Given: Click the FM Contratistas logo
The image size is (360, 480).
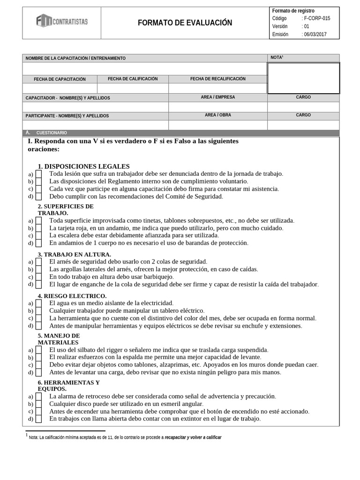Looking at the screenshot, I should point(61,21).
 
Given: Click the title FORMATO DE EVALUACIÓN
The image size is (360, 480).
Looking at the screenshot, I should point(185,23).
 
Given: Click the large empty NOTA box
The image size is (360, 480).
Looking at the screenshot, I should point(303,78).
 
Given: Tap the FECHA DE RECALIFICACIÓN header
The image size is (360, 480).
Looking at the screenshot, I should point(217,79).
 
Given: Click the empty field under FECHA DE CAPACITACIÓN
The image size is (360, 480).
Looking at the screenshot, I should point(60,88).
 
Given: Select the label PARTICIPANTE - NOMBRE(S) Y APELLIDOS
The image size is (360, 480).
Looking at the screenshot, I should point(67,115).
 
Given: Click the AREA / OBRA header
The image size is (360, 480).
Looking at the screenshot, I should point(217,115).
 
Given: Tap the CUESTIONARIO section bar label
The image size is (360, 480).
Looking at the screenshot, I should point(52,133).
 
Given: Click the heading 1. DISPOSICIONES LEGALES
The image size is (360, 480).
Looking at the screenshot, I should point(83,166).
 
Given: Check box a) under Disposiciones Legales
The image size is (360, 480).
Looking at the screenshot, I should point(39,174).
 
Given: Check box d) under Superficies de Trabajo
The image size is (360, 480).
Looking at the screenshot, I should point(39,243).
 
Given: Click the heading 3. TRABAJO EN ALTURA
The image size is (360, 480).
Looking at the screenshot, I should point(74,255).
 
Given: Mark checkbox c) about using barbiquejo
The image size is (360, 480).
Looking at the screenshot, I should point(39,277).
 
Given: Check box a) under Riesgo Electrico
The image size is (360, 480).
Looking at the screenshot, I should point(39,303).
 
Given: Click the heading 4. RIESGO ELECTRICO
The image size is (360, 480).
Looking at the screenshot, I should point(72,296).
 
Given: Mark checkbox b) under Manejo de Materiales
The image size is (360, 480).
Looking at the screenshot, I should point(39,357).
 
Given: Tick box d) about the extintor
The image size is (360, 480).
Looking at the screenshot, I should point(39,419).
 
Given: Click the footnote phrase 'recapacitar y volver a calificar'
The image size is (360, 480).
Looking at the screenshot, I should point(193,437).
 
